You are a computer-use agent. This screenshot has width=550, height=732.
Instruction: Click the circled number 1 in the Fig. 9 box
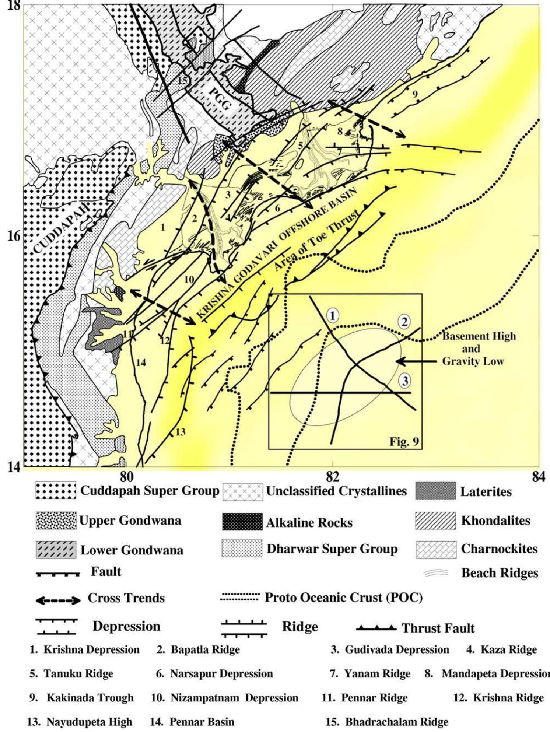pos(333,315)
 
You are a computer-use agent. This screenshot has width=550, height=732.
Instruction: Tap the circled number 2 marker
pos(404,322)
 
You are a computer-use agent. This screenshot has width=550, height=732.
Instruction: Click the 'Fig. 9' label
pos(404,441)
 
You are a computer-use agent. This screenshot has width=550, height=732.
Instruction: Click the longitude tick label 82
pos(332,478)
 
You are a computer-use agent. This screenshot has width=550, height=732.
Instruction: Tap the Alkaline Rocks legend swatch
pos(242,522)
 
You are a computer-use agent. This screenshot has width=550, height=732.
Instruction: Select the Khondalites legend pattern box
pos(435,521)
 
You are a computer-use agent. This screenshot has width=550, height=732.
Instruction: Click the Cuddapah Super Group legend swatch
pos(56,491)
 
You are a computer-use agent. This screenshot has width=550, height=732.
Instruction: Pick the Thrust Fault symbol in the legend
pos(376,628)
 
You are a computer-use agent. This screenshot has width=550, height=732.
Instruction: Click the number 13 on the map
pos(180,432)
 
